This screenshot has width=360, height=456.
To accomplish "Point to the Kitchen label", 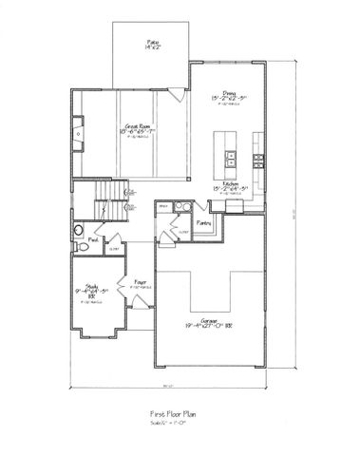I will coord(230,183).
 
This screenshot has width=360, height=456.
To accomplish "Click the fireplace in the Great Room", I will coord(78,133).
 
